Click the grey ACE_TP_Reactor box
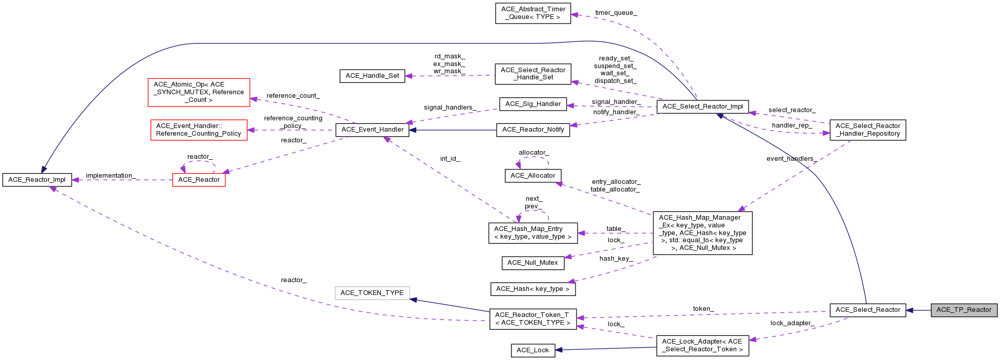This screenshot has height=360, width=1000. pyautogui.click(x=964, y=310)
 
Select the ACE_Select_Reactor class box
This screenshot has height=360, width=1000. pyautogui.click(x=867, y=310)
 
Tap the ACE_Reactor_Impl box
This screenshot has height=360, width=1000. pyautogui.click(x=37, y=180)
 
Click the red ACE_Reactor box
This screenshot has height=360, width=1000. pyautogui.click(x=199, y=180)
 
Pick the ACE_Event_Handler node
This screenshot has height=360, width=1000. pyautogui.click(x=372, y=130)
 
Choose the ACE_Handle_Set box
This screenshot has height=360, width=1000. pyautogui.click(x=372, y=76)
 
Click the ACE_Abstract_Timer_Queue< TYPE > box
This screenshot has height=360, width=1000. pyautogui.click(x=533, y=13)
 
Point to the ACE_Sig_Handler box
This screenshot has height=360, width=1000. pyautogui.click(x=533, y=104)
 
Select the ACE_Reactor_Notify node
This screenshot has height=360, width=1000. pyautogui.click(x=533, y=130)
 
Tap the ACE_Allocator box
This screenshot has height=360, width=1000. pyautogui.click(x=533, y=176)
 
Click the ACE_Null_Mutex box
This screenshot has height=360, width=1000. pyautogui.click(x=533, y=263)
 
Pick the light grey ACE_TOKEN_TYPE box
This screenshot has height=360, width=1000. pyautogui.click(x=372, y=293)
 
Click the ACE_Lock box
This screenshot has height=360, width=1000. pyautogui.click(x=533, y=350)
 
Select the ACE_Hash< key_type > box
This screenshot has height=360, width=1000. pyautogui.click(x=533, y=289)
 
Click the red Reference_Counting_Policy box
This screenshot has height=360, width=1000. pyautogui.click(x=199, y=130)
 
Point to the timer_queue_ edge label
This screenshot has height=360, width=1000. pyautogui.click(x=616, y=13)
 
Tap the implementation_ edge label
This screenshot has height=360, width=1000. pyautogui.click(x=111, y=176)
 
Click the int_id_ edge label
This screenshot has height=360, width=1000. pyautogui.click(x=450, y=159)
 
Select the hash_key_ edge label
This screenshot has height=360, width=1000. pyautogui.click(x=616, y=259)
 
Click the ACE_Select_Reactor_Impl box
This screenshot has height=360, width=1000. pyautogui.click(x=703, y=107)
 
